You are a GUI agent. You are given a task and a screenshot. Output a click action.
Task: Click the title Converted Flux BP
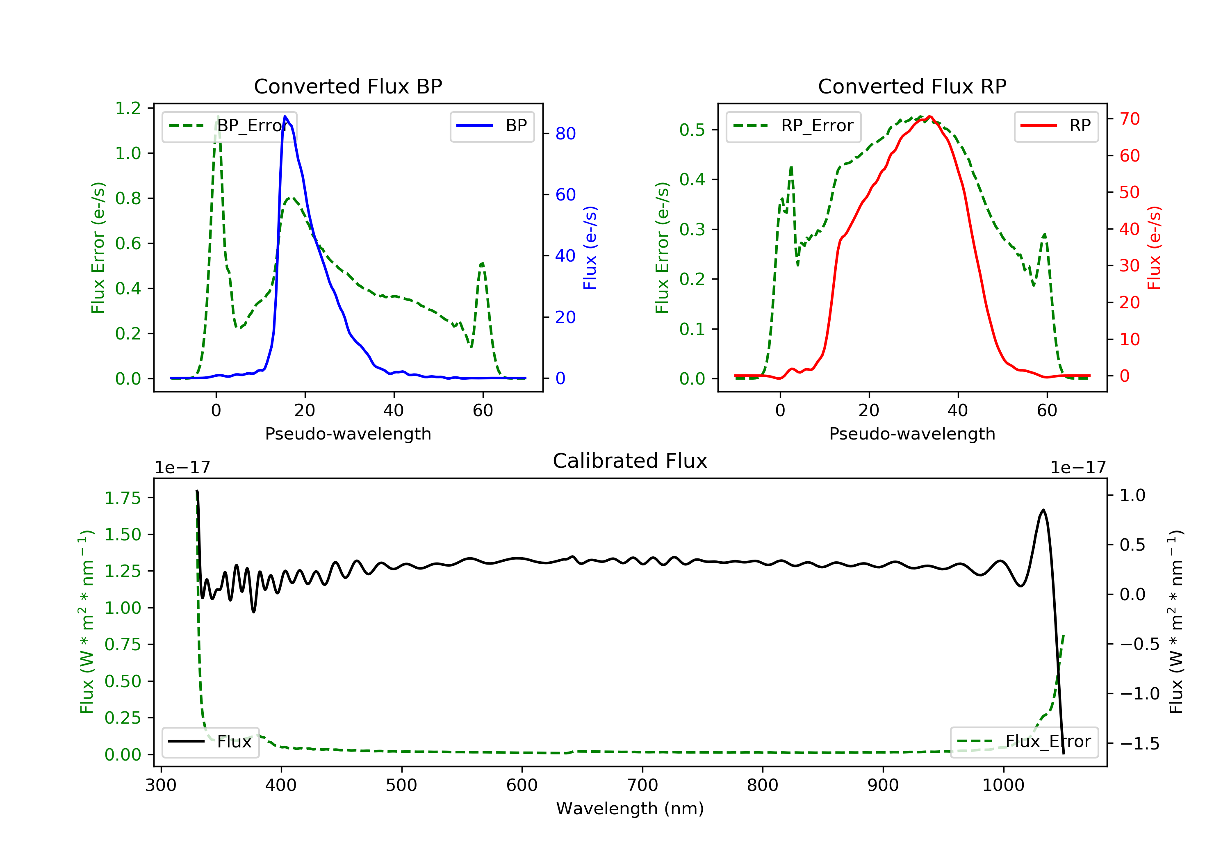[348, 86]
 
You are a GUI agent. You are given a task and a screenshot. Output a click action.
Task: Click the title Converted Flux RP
[912, 86]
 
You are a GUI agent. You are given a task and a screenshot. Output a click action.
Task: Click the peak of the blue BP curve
[285, 116]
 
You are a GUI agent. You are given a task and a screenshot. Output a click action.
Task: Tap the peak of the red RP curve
[929, 117]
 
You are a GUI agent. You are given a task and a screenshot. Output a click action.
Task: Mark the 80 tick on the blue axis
[565, 133]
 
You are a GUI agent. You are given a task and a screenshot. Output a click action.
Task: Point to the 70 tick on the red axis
[1129, 119]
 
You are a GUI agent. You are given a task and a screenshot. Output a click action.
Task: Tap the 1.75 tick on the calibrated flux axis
[122, 498]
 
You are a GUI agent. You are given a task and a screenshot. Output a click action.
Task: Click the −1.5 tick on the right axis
[1139, 744]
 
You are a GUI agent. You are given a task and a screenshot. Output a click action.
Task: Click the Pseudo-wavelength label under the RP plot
[912, 433]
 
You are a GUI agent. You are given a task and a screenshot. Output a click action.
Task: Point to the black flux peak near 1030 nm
[1043, 510]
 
